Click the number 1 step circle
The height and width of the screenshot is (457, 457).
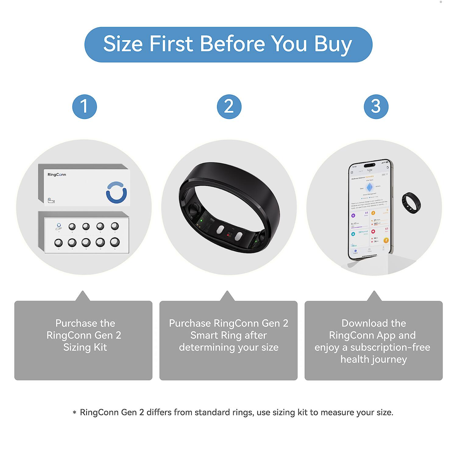(84, 107)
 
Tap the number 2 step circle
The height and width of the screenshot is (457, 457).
(229, 107)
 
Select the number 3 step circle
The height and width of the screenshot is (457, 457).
(376, 107)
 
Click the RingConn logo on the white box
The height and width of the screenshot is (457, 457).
(57, 175)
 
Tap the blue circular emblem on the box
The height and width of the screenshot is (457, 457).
(116, 192)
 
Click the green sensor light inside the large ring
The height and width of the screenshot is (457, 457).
(201, 220)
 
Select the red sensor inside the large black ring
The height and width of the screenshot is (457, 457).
(228, 235)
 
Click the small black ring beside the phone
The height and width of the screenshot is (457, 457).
(411, 203)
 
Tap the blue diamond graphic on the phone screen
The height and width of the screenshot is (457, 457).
(370, 187)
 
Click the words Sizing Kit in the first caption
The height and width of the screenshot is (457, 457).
(85, 347)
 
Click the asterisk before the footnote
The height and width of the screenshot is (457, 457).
(74, 413)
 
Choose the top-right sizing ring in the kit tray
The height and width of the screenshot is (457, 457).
(115, 226)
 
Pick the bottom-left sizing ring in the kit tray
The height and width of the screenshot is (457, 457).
(58, 243)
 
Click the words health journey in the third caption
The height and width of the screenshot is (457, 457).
(374, 360)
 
